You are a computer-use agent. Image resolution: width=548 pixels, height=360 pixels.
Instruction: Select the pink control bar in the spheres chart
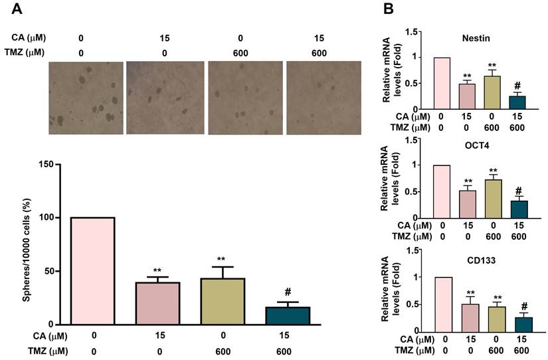click(92, 270)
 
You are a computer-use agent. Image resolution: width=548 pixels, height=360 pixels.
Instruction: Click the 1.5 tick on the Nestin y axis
click(418, 31)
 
